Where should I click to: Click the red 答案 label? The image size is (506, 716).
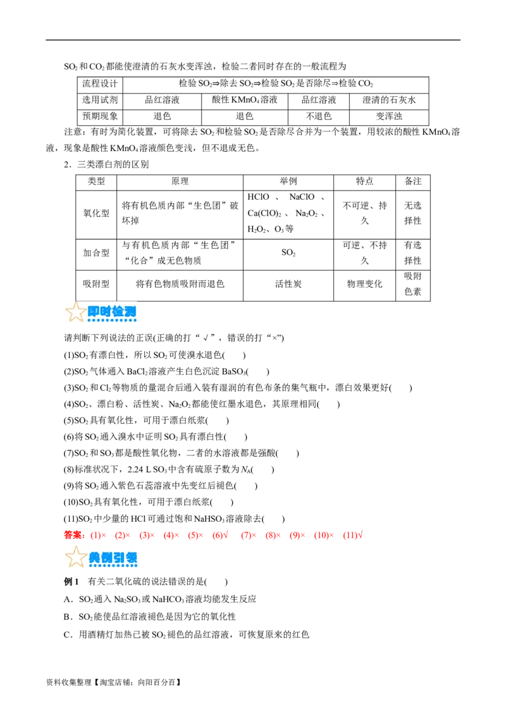coord(72,535)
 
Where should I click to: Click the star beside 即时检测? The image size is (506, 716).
coord(76,311)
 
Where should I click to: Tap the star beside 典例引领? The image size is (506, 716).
coord(76,557)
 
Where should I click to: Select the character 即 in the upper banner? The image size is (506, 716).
coord(94,311)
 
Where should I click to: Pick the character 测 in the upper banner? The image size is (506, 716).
coord(130,311)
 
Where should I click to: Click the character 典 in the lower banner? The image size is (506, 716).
coord(94,557)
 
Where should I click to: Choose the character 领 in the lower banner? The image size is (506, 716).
coord(131,557)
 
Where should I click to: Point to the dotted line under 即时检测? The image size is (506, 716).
coord(113,321)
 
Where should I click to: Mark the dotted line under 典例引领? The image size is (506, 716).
coord(113,566)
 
